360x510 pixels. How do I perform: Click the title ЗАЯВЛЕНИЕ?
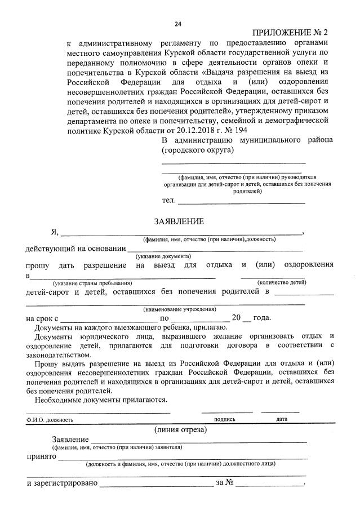[x=180, y=221]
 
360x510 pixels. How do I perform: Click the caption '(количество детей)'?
[x=282, y=282]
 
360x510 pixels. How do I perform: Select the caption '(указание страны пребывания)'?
[x=92, y=283]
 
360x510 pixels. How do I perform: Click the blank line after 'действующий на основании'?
[x=215, y=249]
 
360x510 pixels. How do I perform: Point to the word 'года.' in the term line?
[x=263, y=318]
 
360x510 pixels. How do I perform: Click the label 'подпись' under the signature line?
[x=224, y=419]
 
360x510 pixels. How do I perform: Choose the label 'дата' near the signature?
[x=282, y=419]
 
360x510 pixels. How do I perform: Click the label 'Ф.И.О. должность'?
[x=50, y=420]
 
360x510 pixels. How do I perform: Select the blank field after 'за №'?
[x=270, y=484]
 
